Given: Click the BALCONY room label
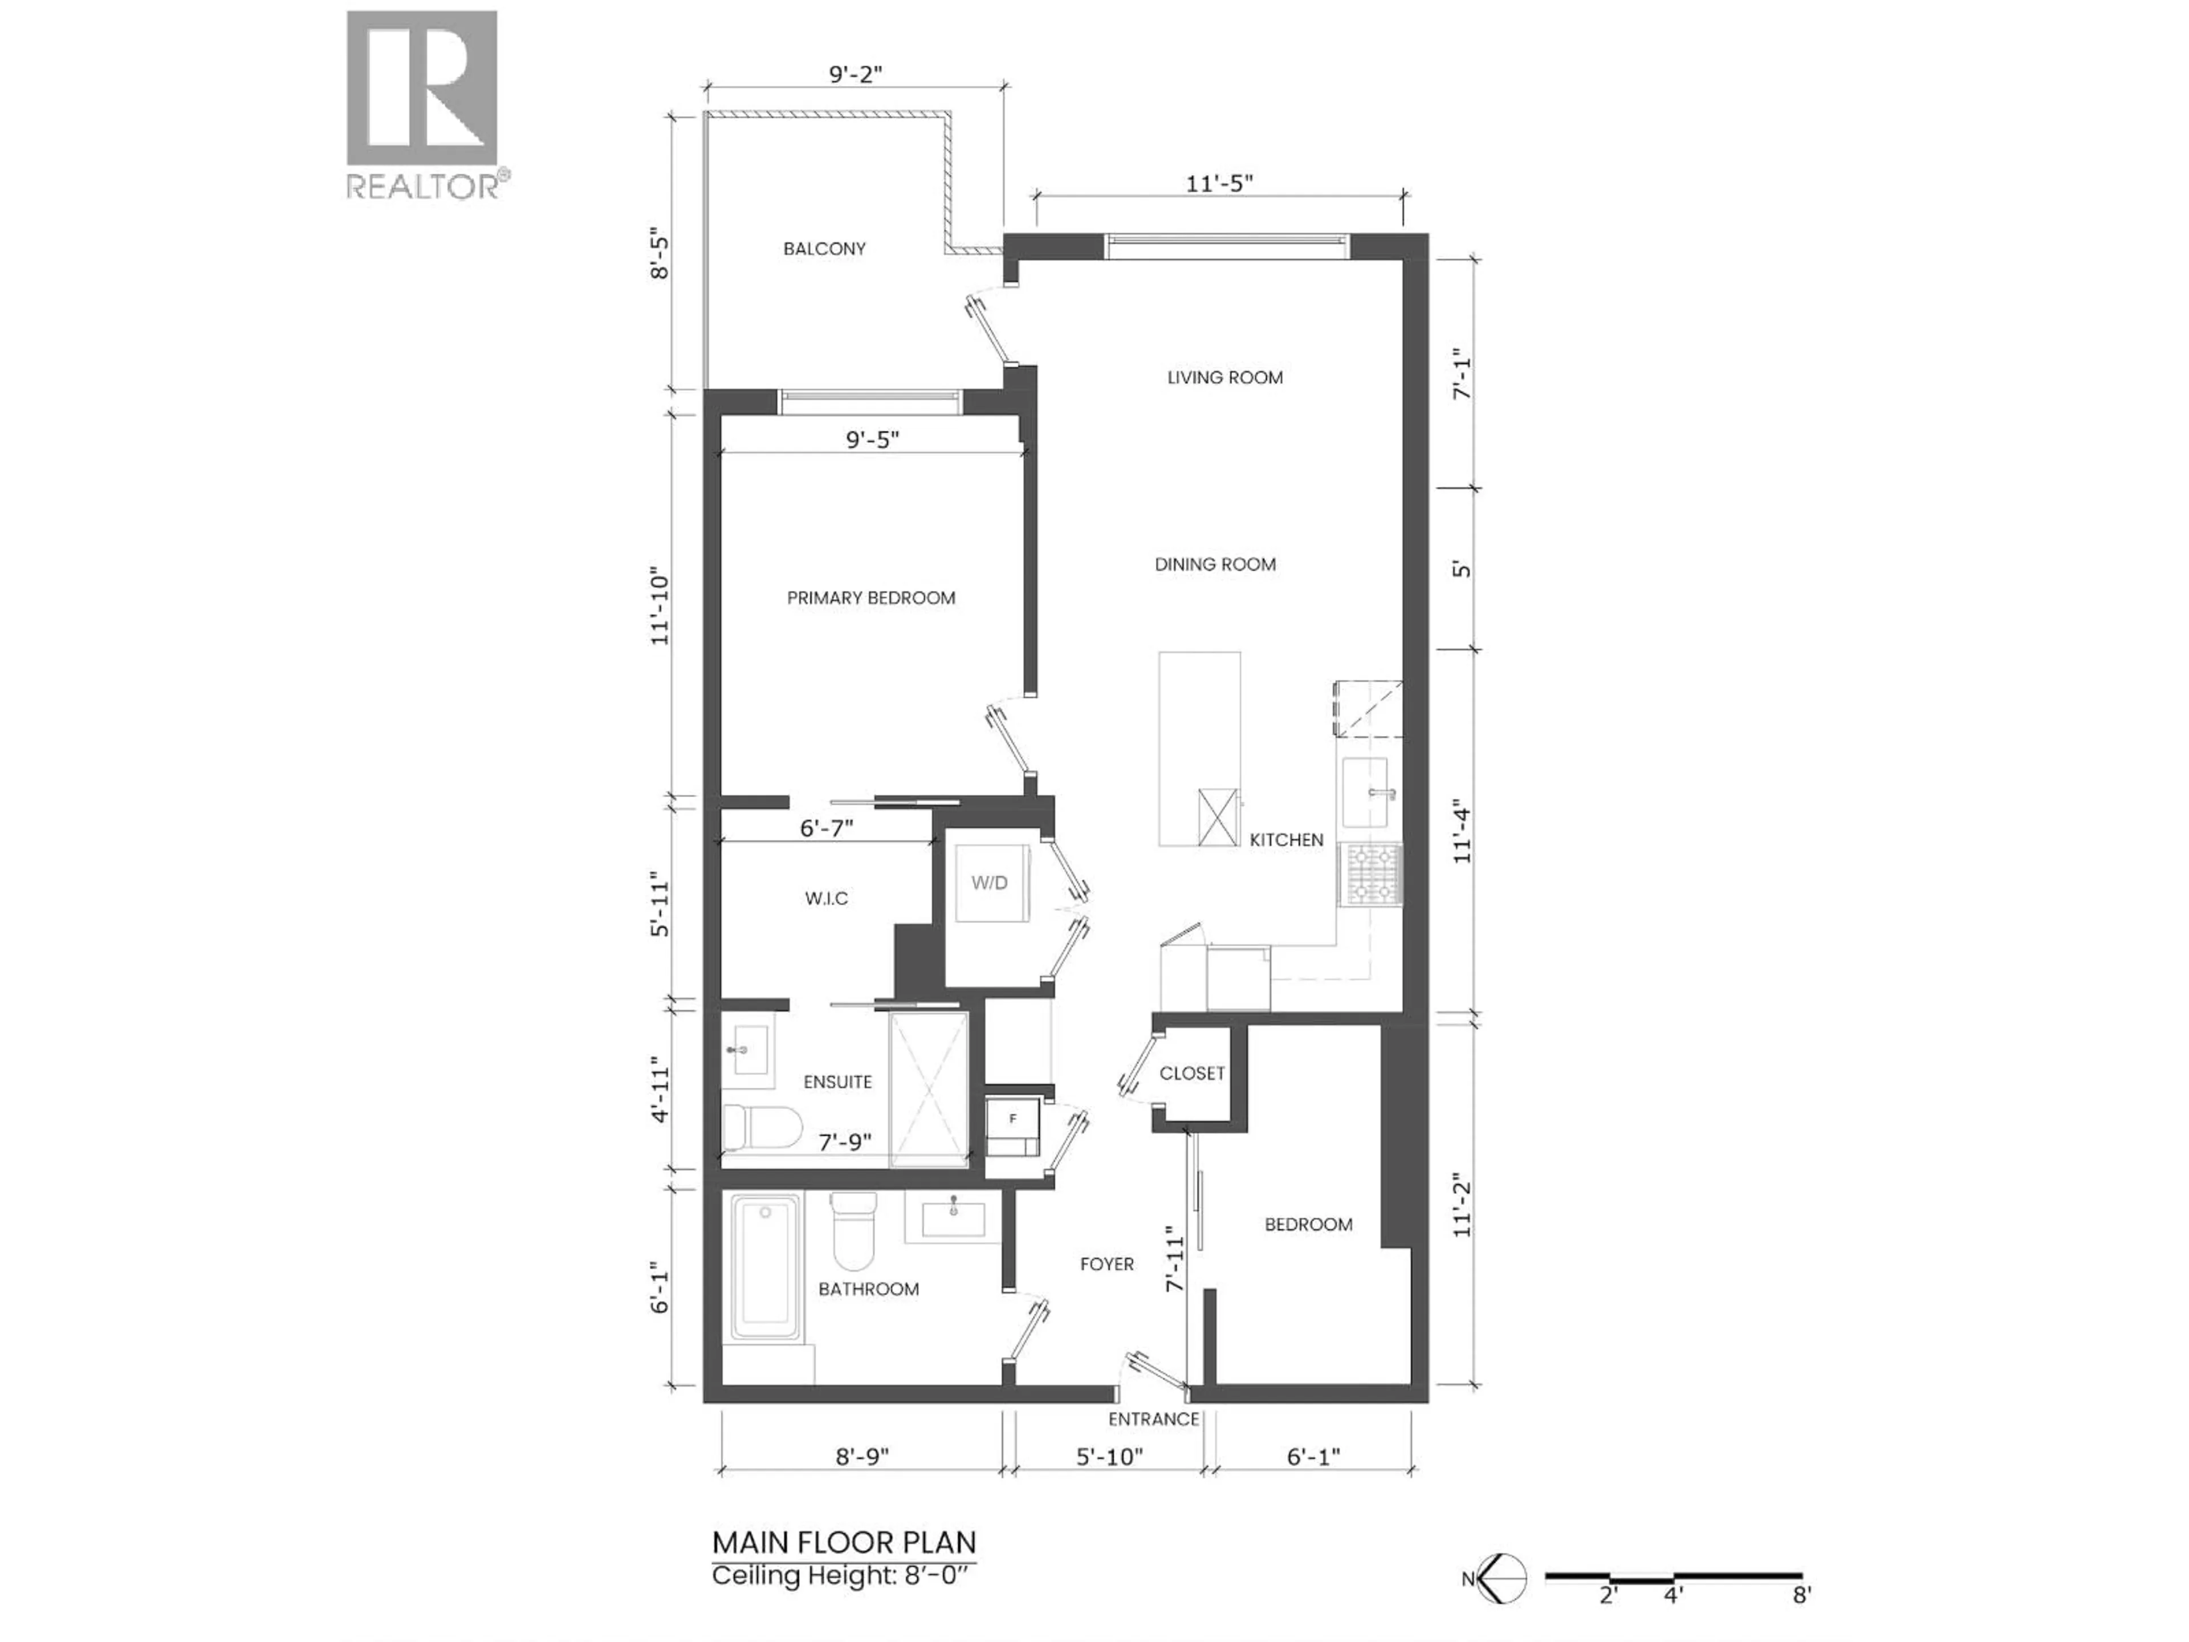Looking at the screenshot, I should pos(824,249).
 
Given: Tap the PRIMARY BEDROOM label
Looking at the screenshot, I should pos(871,598).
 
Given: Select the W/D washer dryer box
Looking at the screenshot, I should pos(988,883).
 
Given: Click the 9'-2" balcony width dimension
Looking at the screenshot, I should pos(855,74).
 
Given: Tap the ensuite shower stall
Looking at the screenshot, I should pos(928,1089).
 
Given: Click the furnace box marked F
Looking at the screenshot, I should pos(1012,1119).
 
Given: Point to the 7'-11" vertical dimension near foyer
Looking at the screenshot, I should pos(1175,1259).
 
